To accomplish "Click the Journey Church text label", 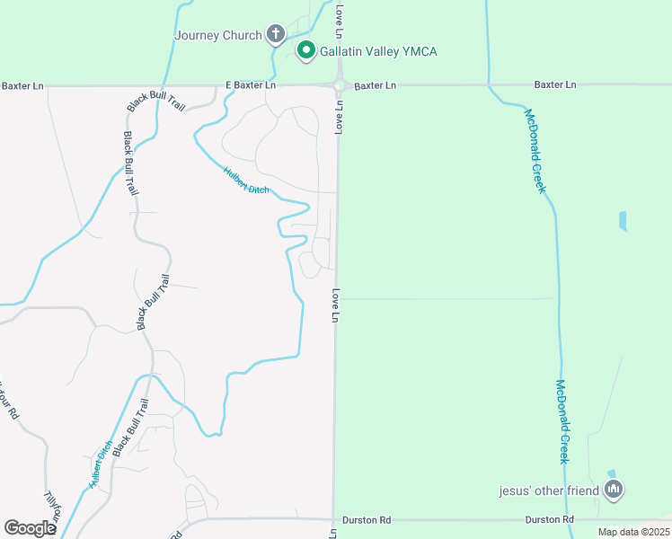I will click(218, 36).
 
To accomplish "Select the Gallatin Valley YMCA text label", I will click(379, 51).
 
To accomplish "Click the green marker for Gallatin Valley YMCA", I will click(305, 50).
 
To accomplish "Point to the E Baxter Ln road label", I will click(251, 85).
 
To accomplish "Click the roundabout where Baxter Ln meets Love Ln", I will click(340, 86).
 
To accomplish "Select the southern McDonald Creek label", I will click(562, 421).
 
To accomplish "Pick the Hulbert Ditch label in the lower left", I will click(101, 464).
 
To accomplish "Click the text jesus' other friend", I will click(550, 490).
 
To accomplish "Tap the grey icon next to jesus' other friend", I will click(615, 490).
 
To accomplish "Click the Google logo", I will click(30, 528).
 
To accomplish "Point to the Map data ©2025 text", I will click(633, 532).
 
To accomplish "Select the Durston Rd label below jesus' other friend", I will click(549, 520).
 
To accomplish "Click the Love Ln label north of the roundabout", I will click(340, 21).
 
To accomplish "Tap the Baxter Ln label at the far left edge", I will click(22, 86).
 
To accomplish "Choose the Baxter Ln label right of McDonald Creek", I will click(555, 84).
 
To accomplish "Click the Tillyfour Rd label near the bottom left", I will click(52, 509).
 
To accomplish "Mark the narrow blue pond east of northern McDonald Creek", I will click(623, 221).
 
